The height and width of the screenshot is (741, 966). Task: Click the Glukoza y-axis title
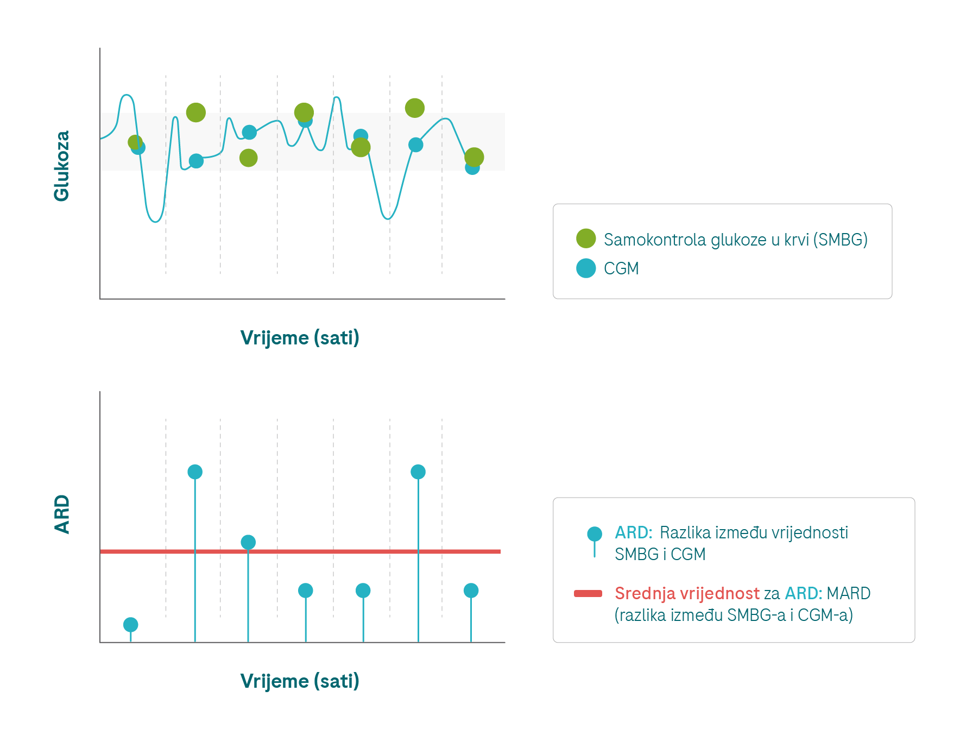point(61,166)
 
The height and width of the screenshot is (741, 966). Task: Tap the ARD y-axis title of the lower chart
point(62,514)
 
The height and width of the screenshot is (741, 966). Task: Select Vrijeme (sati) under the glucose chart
point(300,338)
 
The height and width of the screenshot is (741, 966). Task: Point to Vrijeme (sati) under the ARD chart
point(300,681)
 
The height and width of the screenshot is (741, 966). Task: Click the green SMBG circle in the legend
point(586,238)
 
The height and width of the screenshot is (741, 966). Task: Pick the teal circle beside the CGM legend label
point(586,268)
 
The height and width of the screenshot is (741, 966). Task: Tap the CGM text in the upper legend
point(621,268)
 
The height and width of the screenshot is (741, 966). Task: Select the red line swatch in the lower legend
point(588,593)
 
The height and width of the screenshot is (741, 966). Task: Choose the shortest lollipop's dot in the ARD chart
point(131,625)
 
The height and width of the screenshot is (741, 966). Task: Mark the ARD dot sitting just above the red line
point(248,542)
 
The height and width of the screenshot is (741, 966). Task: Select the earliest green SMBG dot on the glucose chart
point(135,142)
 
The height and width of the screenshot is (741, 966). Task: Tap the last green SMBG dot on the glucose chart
point(474,158)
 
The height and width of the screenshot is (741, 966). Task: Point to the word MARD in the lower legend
point(848,593)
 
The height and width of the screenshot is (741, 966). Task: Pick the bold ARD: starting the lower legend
point(633,532)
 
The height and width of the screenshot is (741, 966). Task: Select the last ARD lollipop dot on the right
point(471,591)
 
